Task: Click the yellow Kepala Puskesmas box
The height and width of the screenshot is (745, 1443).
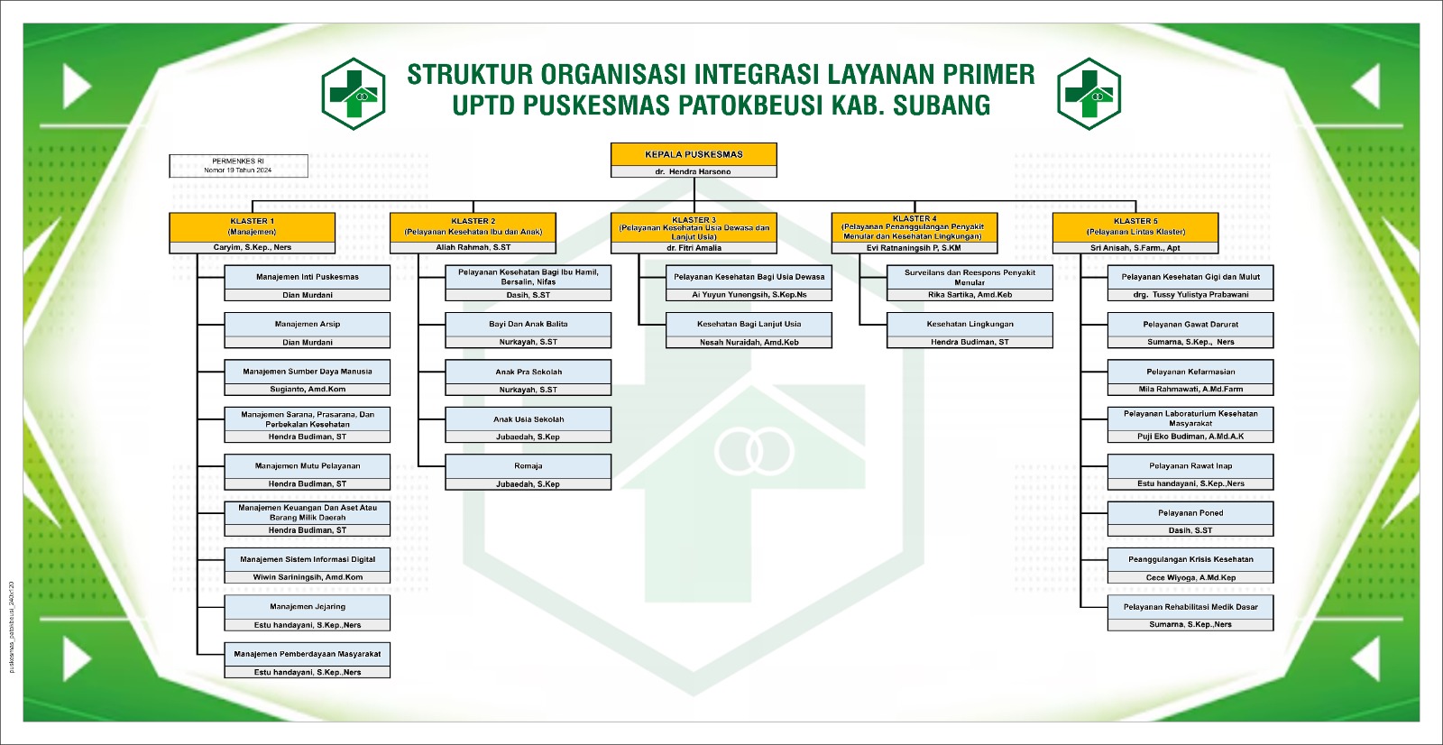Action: (694, 154)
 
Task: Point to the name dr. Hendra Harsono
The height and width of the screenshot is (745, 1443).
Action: (694, 171)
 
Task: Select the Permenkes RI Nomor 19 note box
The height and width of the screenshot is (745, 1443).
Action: (238, 165)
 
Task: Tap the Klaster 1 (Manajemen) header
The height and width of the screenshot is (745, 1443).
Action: (253, 226)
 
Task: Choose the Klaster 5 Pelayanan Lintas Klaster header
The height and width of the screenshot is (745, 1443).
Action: (1135, 226)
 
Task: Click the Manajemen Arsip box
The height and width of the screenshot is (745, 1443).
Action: (308, 324)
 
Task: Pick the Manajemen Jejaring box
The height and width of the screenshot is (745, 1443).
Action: (308, 606)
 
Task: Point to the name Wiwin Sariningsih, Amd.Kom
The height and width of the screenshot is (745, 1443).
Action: (308, 577)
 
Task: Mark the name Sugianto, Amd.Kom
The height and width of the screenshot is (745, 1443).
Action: (308, 390)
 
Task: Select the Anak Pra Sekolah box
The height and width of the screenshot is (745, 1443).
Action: (528, 372)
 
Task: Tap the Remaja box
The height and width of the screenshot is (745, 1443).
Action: (528, 466)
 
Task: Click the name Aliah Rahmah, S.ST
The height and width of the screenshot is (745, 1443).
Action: (473, 247)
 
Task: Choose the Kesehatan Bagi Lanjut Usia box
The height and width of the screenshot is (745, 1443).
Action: (749, 324)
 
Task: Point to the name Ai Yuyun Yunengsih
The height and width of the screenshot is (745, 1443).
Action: (749, 295)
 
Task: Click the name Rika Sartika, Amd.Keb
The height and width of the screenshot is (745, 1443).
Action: (970, 295)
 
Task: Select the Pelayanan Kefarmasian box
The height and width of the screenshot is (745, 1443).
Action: (1190, 372)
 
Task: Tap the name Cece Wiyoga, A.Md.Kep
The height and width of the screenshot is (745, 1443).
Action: (1190, 577)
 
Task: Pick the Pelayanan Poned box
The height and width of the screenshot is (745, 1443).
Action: (1190, 512)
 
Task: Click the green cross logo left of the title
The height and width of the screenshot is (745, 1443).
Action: (354, 93)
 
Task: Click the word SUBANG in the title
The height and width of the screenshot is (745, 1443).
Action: (942, 106)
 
